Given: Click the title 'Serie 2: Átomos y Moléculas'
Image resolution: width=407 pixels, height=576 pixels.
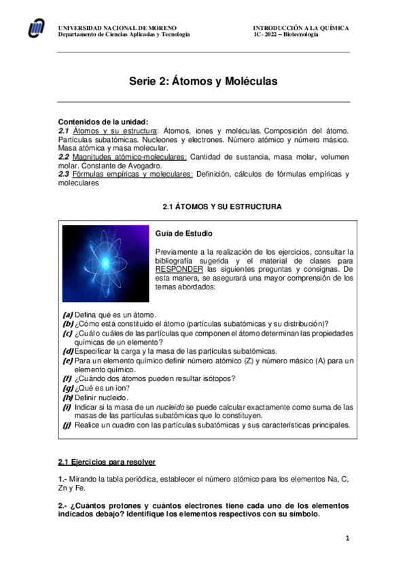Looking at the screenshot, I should click(x=203, y=81).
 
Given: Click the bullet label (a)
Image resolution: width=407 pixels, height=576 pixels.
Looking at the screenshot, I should click(x=67, y=314).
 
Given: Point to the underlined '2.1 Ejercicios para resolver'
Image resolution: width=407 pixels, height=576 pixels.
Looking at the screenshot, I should click(x=107, y=462).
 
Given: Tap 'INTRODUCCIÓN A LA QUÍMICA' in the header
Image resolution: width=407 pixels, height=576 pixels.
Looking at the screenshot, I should click(x=301, y=28).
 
